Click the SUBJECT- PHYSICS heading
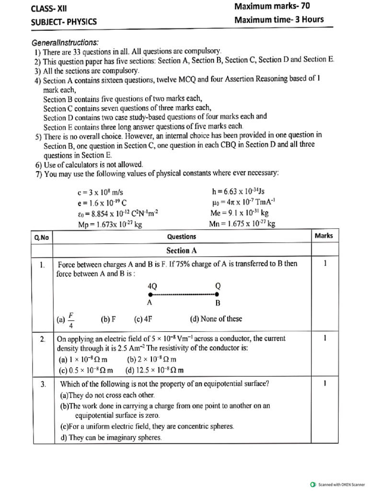point(64,22)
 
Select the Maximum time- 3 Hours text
point(279,20)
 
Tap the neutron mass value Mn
point(242,224)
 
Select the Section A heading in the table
point(181,250)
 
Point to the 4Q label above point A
point(153,285)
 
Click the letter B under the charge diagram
point(218,303)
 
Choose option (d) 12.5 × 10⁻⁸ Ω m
point(154,370)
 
